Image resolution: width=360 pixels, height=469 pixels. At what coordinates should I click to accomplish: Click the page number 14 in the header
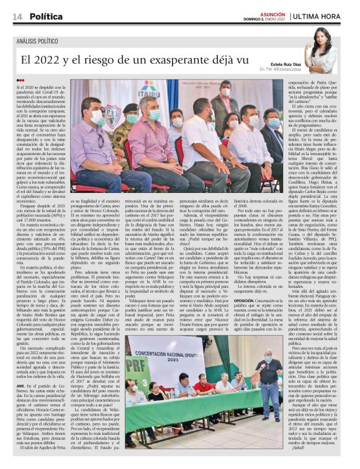[x=17, y=16]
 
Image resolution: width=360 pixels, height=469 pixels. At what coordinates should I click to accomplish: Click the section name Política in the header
[x=46, y=16]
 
